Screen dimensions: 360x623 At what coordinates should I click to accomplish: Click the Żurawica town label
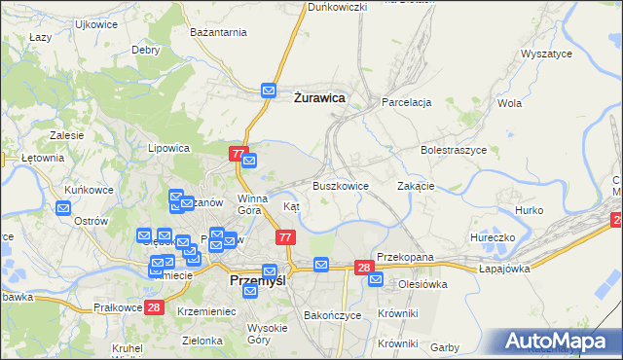coord(319,96)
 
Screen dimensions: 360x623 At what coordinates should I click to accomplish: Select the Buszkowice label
coord(340,186)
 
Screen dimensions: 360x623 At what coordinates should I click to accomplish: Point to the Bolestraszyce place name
coord(452,152)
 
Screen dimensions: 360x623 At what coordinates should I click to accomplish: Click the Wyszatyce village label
coord(546,54)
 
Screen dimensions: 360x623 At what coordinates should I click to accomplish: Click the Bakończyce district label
coord(333,315)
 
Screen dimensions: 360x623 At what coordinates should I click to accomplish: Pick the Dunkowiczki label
coord(337,7)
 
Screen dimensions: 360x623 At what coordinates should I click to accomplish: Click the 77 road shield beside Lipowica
coord(238,154)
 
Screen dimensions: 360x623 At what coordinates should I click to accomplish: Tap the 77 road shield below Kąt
coord(285,237)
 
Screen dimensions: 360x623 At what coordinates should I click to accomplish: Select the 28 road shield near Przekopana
coord(364,267)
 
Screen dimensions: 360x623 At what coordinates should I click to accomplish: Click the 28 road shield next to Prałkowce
coord(154,307)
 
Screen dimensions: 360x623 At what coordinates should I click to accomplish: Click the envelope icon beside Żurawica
coord(270,91)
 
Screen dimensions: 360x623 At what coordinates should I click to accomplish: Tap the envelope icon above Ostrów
coord(63,207)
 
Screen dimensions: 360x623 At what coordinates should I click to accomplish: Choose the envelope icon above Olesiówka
coord(376,280)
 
